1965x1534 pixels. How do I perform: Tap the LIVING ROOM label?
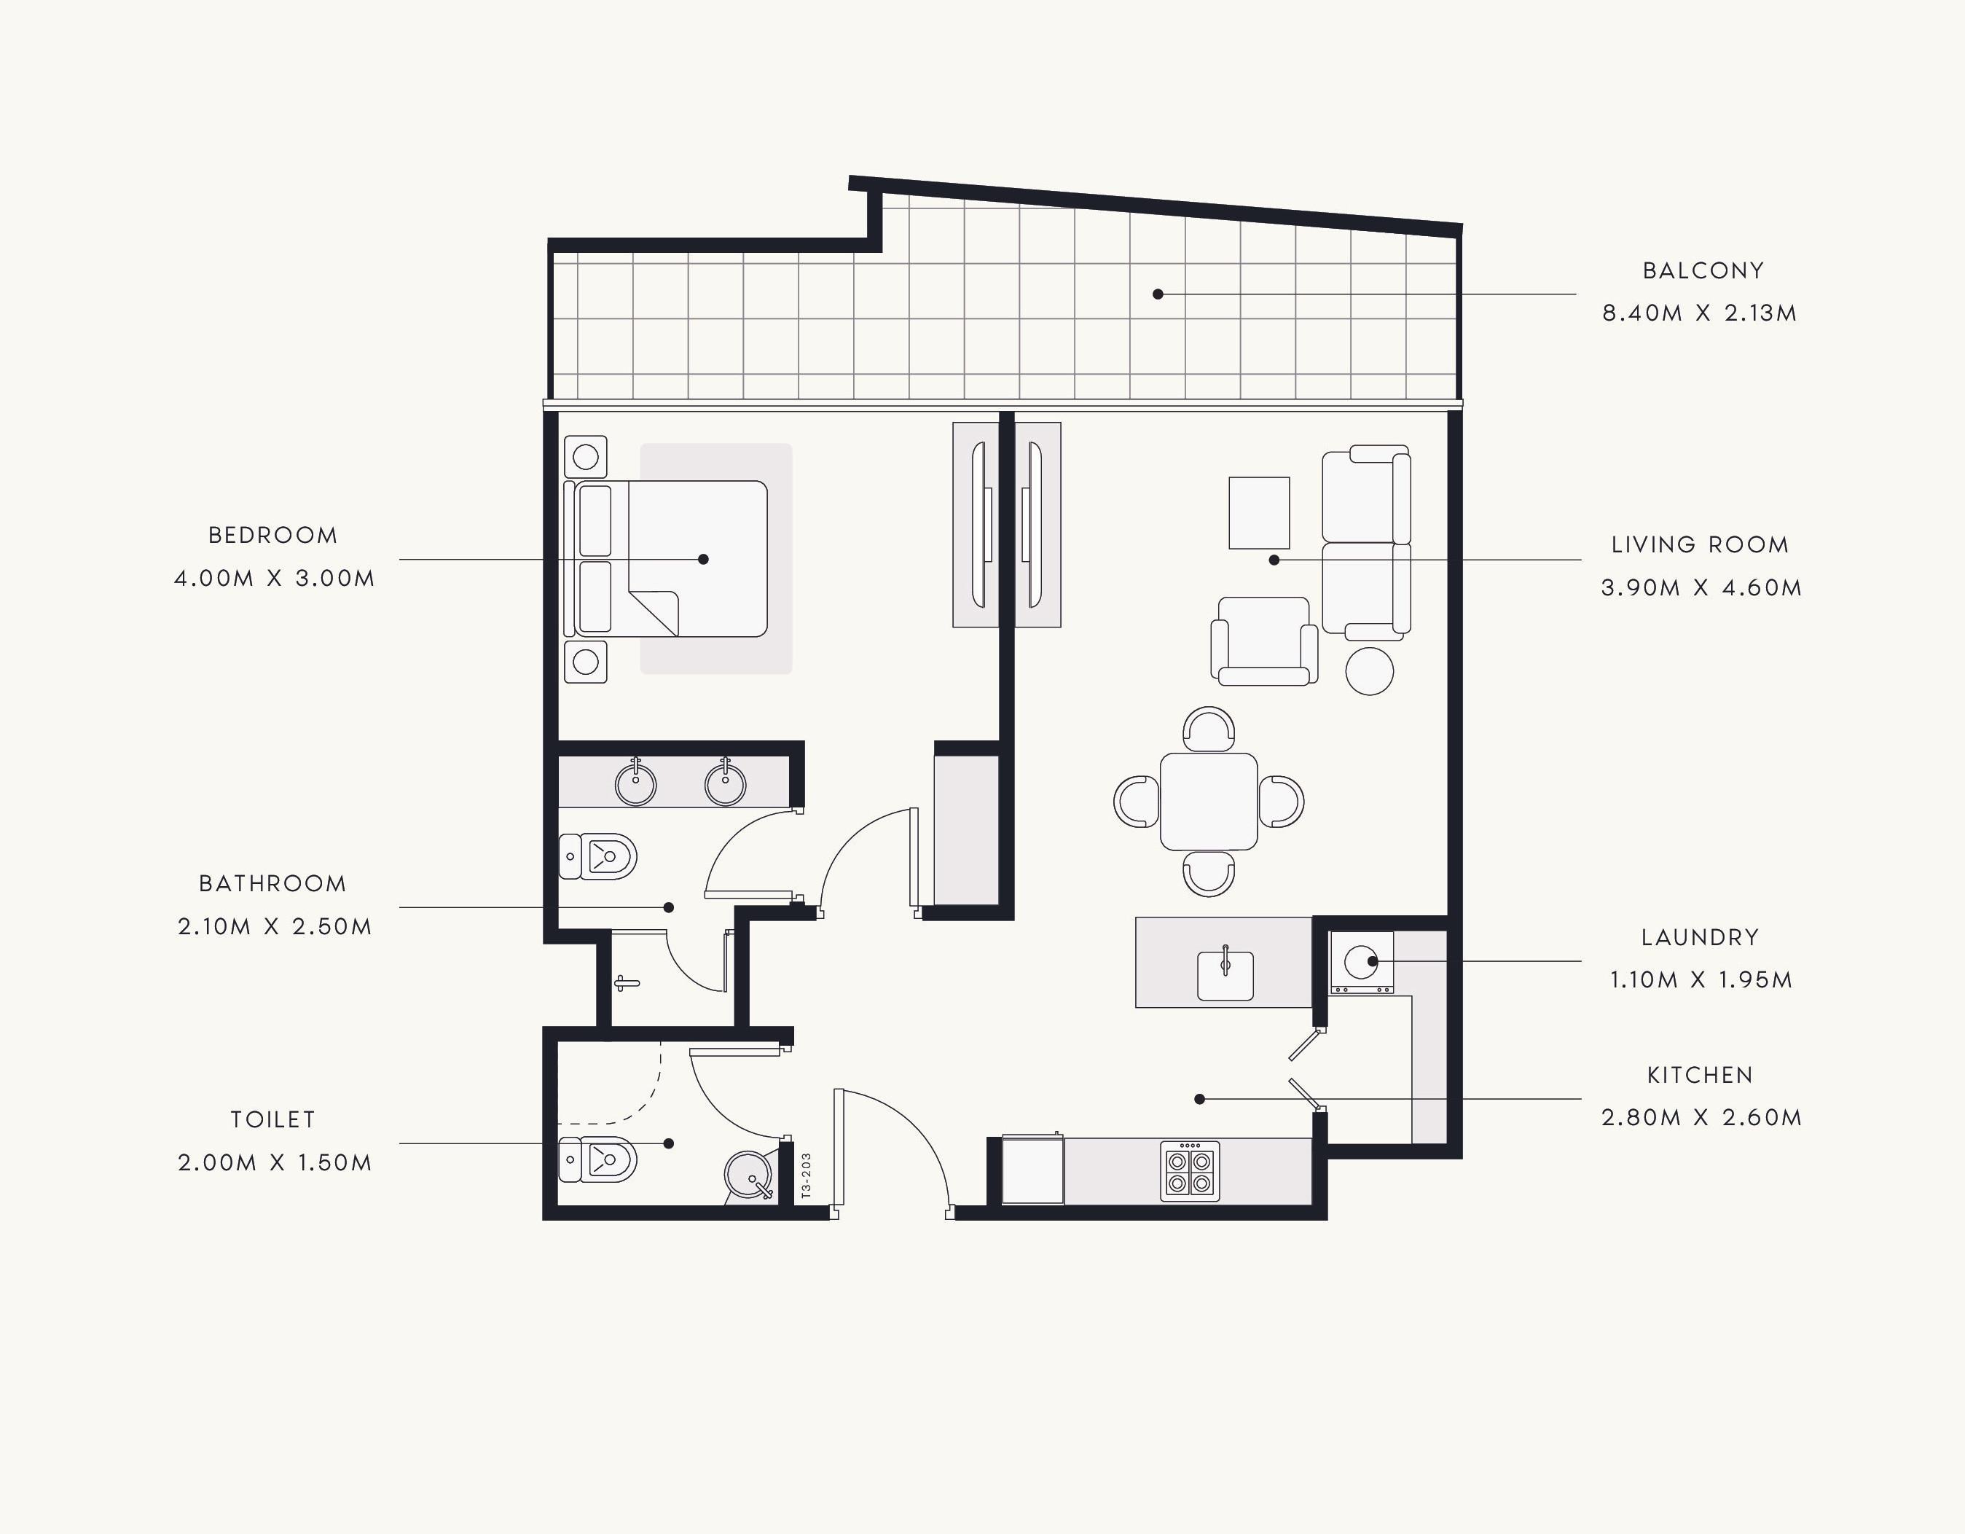1701,545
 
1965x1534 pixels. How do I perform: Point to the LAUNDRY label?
1701,937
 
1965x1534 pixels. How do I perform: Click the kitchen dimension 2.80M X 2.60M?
1701,1117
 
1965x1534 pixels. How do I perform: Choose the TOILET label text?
273,1120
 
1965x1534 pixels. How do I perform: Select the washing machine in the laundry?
1361,963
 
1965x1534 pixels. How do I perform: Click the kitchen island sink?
1225,974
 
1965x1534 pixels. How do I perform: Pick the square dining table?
1208,802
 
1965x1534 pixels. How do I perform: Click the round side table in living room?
1370,671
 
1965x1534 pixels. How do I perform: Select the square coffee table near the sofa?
1260,513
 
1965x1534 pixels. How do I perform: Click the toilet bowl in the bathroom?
597,856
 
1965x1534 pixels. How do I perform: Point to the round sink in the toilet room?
748,1173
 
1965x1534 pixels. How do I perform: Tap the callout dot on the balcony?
1158,294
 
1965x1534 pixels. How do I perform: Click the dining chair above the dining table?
1208,729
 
